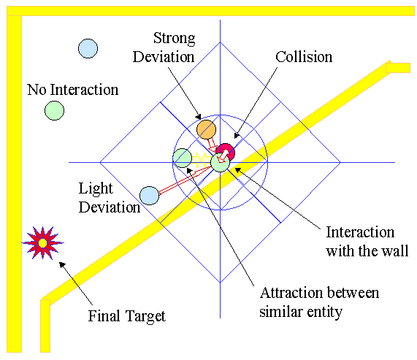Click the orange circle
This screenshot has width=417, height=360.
[206, 129]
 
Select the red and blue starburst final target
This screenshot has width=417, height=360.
[42, 242]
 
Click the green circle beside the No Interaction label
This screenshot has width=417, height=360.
[54, 110]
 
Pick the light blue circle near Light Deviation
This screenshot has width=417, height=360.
[149, 196]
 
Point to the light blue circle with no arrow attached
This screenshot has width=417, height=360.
[88, 48]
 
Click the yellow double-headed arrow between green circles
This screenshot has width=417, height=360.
[202, 158]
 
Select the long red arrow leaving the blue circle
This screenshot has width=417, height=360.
[185, 179]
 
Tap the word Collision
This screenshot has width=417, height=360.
[304, 57]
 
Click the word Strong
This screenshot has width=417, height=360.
[175, 39]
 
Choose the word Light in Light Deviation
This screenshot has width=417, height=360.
[96, 189]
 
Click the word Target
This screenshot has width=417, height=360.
[145, 317]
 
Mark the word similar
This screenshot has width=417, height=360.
[281, 311]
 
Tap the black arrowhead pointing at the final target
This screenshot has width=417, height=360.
[62, 265]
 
